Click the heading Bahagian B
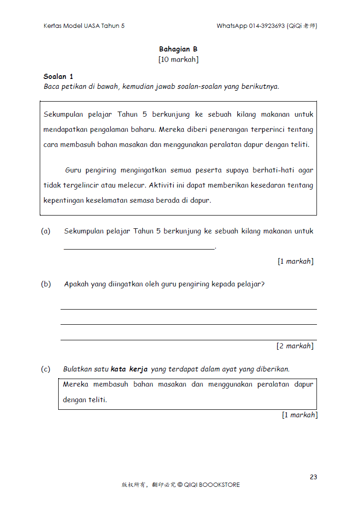[x=178, y=49]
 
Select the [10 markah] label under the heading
[x=178, y=60]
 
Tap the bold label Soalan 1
[x=58, y=77]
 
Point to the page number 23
[x=313, y=477]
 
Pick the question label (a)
[x=46, y=231]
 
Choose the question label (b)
[x=46, y=284]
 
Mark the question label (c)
[x=46, y=369]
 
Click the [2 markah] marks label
[x=295, y=346]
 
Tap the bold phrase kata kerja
[x=129, y=369]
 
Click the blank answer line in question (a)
[x=139, y=248]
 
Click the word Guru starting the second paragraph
[x=73, y=170]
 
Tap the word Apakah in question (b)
[x=76, y=284]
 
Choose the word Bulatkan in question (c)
[x=78, y=369]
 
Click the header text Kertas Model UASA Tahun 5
[x=84, y=26]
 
